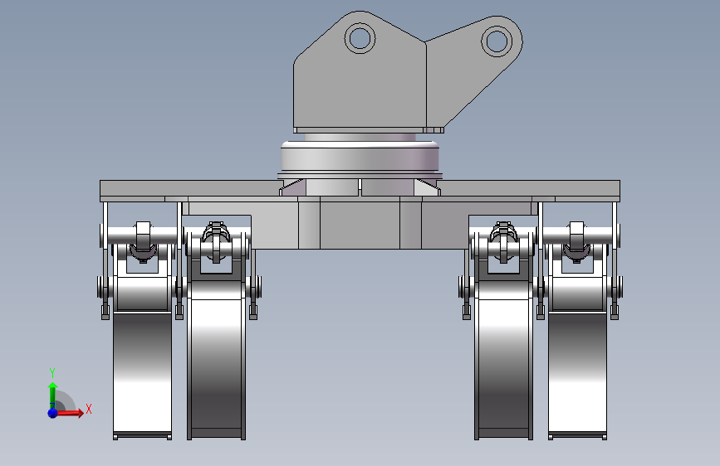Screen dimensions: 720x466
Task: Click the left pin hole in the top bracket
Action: point(360,38)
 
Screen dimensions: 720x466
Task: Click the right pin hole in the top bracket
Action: point(497,41)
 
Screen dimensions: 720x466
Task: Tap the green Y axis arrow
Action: point(52,396)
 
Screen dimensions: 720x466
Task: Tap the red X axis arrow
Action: point(70,413)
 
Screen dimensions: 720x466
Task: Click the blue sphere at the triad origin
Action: point(53,413)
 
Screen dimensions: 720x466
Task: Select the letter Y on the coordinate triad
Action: point(52,373)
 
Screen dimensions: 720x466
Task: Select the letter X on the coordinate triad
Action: point(89,409)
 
